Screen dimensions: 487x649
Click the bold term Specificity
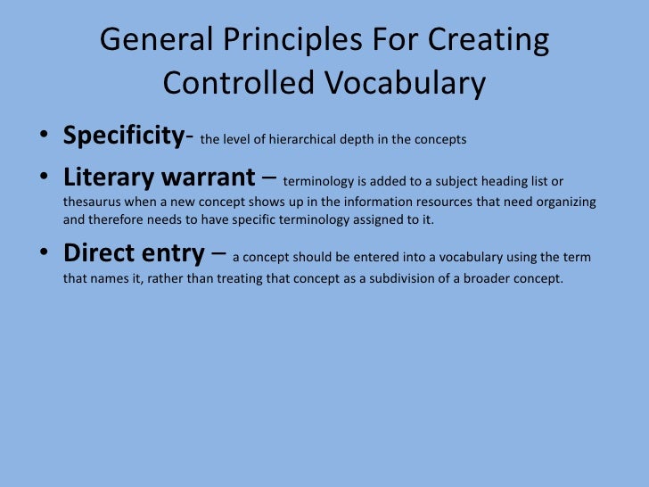click(122, 136)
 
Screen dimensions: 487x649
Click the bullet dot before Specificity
click(43, 138)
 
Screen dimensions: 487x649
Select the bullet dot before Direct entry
click(43, 255)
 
